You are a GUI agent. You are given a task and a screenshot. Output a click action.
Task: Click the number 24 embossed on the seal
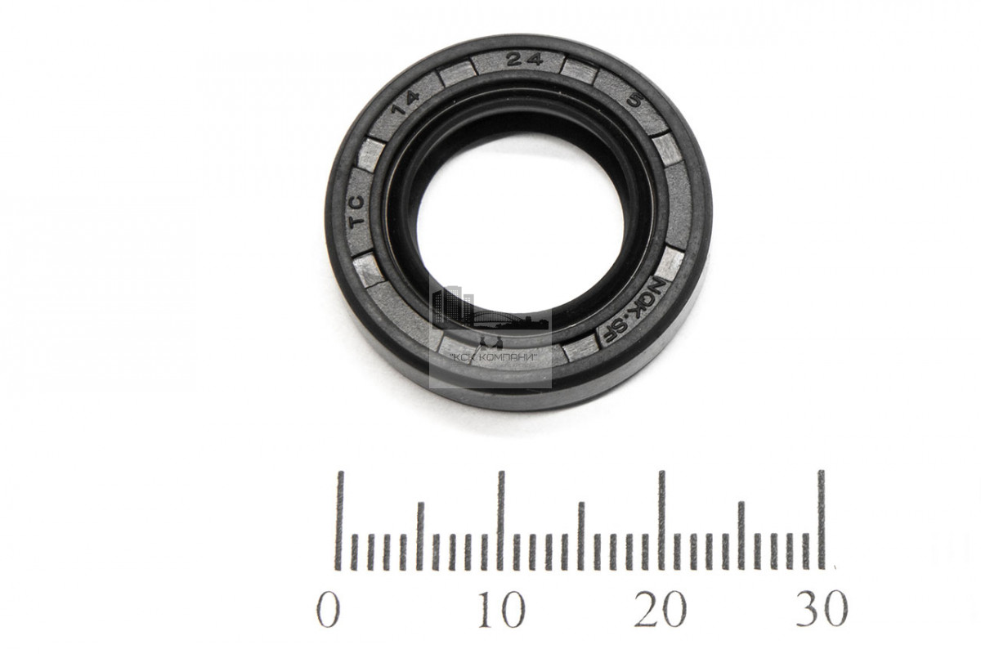click(524, 60)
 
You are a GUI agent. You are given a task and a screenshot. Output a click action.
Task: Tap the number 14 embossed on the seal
click(405, 103)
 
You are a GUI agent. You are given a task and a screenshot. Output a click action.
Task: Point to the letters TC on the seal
click(357, 210)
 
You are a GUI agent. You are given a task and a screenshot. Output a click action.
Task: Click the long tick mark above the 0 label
click(340, 521)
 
